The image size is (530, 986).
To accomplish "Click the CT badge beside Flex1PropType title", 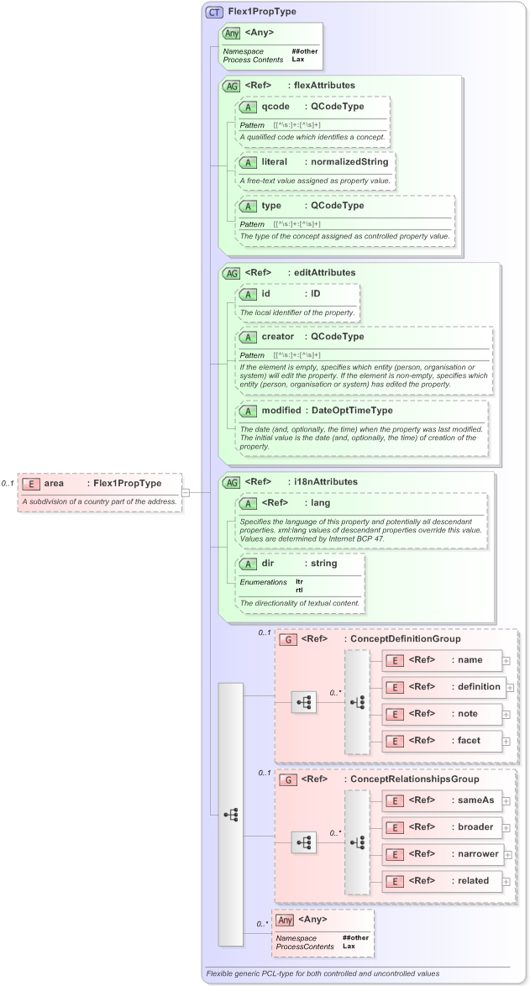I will pyautogui.click(x=215, y=13).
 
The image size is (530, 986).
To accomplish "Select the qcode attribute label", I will pyautogui.click(x=275, y=107).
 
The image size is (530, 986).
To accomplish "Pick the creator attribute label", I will pyautogui.click(x=278, y=337).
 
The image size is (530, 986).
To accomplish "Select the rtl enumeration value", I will pyautogui.click(x=300, y=590).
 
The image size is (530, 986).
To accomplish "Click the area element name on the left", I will pyautogui.click(x=54, y=483).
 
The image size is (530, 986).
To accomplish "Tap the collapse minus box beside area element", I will pyautogui.click(x=186, y=492).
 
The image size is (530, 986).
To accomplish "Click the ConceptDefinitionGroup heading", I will pyautogui.click(x=405, y=639).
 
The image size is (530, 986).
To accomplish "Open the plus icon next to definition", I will pyautogui.click(x=510, y=687).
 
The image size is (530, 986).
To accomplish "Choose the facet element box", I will pyautogui.click(x=443, y=740).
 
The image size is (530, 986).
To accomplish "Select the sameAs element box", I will pyautogui.click(x=443, y=800).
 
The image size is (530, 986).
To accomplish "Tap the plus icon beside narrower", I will pyautogui.click(x=507, y=854).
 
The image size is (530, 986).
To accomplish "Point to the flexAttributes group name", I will pyautogui.click(x=323, y=86).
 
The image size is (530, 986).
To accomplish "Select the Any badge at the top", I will pyautogui.click(x=231, y=33).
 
